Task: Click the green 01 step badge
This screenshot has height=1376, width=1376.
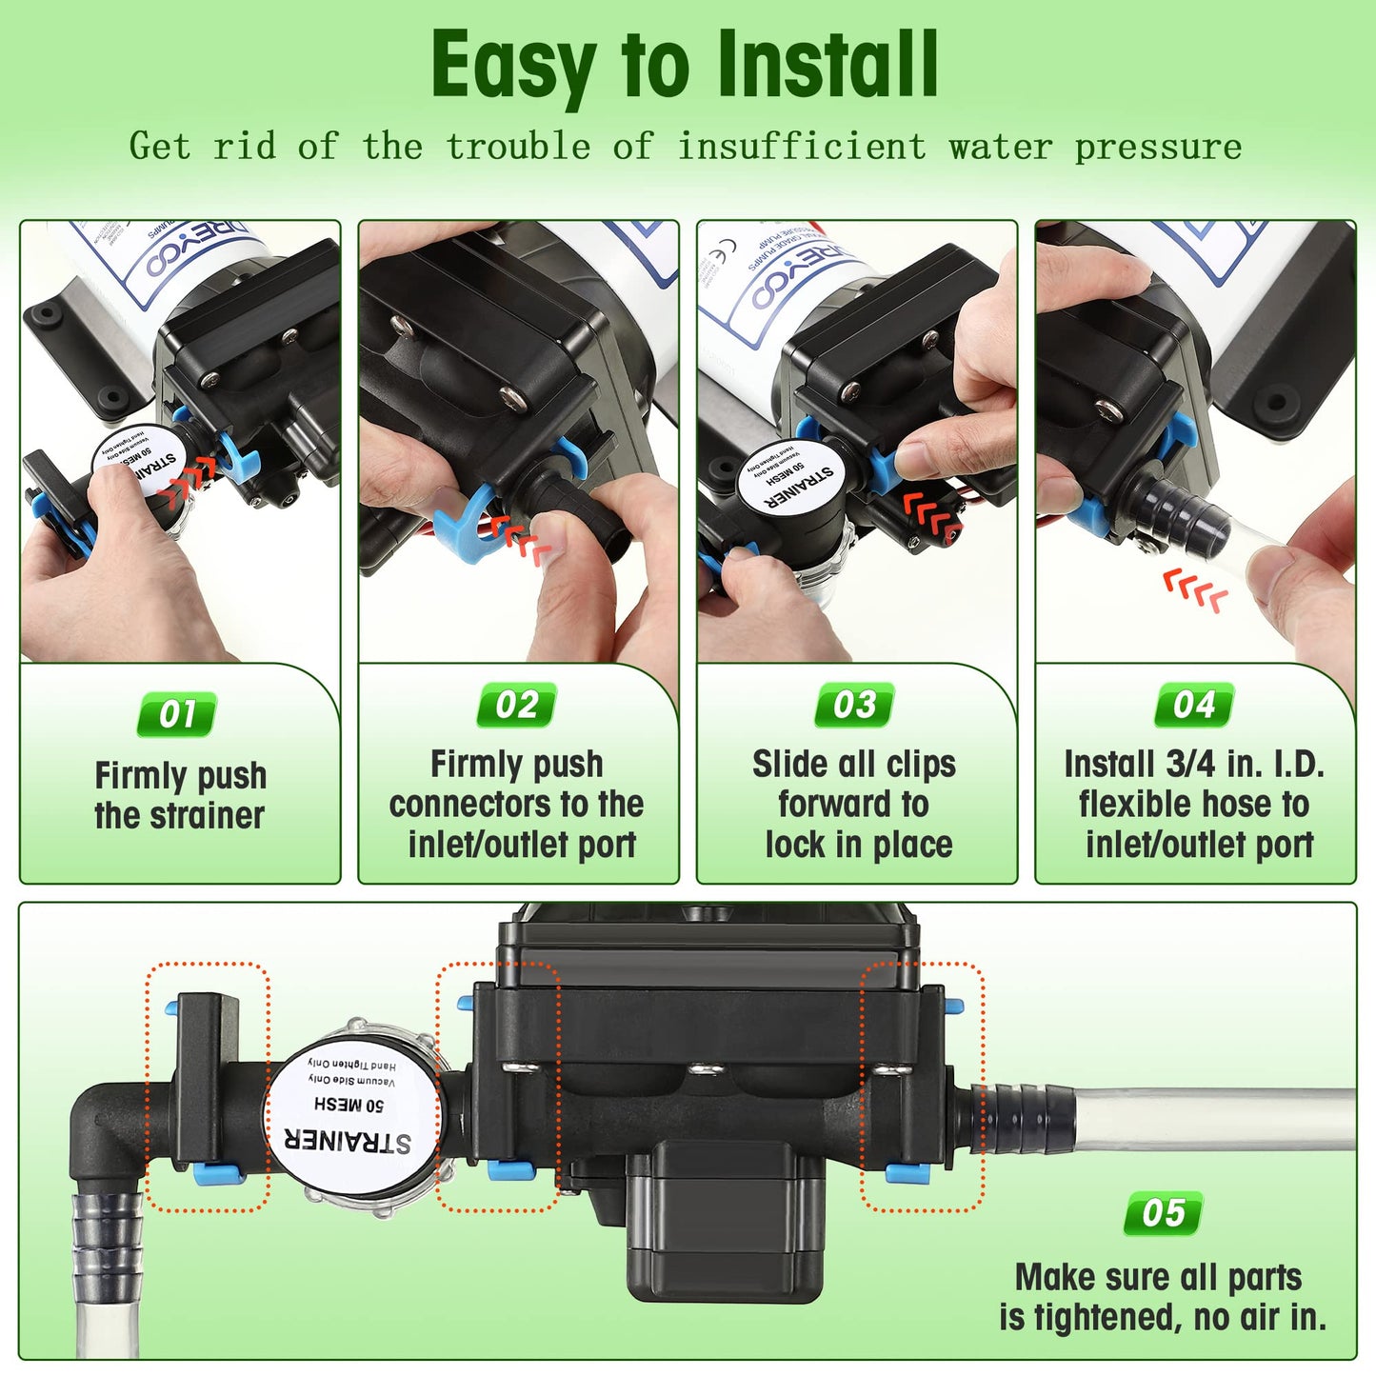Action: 177,714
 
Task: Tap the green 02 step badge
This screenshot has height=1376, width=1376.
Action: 516,706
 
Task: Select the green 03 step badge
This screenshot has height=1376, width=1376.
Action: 854,706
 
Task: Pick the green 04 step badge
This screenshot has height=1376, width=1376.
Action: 1194,706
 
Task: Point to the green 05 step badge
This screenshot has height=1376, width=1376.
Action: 1163,1213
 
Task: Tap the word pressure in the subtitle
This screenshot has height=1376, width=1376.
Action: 1158,147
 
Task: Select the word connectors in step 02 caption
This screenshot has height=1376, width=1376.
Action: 456,805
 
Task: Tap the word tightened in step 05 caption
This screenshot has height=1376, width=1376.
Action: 1107,1318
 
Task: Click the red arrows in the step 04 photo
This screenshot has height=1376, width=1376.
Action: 1196,592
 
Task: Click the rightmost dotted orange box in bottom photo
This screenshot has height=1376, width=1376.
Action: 921,1087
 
